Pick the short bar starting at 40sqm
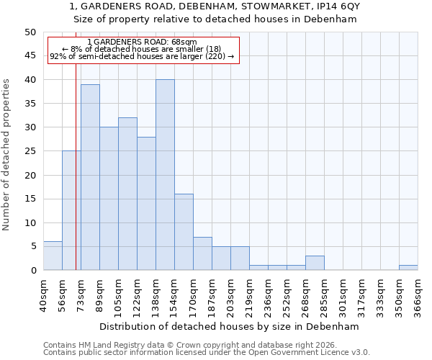click(53, 256)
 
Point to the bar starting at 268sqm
click(315, 263)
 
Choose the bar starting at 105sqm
click(127, 194)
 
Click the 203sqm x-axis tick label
click(230, 295)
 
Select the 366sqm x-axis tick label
click(418, 295)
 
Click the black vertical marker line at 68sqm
click(76, 180)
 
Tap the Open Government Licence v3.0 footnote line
click(206, 353)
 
